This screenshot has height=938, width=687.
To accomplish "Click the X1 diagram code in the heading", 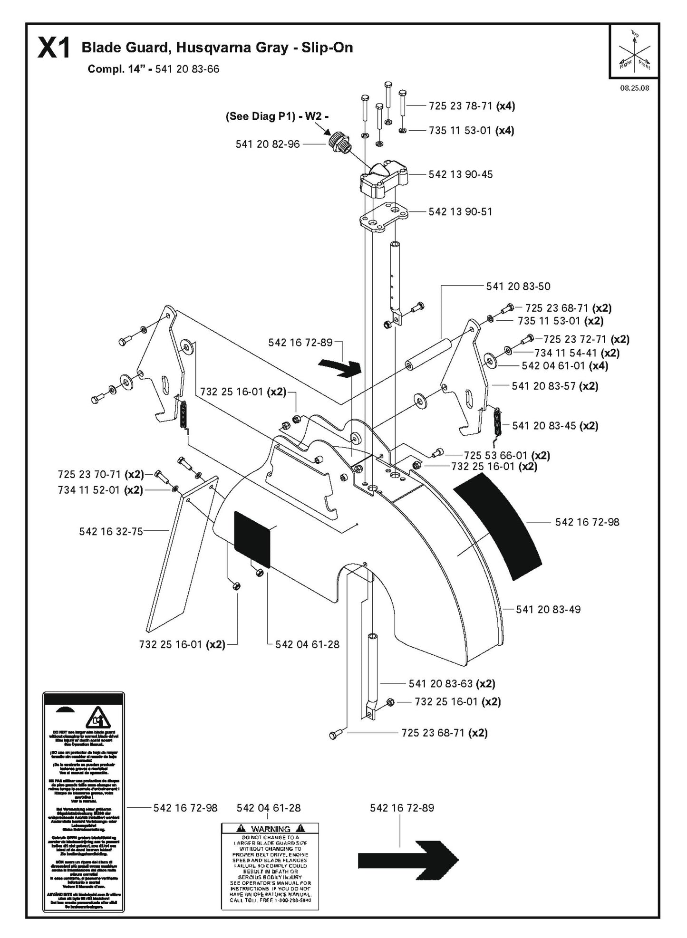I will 54,49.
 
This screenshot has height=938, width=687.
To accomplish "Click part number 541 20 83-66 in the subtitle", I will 187,69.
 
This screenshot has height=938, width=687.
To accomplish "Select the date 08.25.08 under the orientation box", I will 635,88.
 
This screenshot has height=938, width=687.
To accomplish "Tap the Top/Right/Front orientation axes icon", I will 634,51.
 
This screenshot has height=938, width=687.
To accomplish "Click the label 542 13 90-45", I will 460,174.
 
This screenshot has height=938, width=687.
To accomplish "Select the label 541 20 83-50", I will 518,286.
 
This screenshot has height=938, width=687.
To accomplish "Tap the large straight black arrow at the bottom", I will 407,859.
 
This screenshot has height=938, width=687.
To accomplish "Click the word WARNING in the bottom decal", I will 271,828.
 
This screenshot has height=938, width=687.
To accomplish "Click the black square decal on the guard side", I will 252,539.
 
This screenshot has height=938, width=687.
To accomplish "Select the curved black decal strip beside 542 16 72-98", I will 498,525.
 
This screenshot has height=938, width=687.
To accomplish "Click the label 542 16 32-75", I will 111,531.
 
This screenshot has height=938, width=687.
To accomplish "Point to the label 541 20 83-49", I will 548,609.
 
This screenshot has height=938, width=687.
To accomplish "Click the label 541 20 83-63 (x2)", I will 452,683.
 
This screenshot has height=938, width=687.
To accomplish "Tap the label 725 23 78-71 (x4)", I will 472,106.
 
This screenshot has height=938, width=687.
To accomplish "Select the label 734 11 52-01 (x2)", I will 100,489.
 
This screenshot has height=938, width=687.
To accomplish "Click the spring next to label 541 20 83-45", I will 496,422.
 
